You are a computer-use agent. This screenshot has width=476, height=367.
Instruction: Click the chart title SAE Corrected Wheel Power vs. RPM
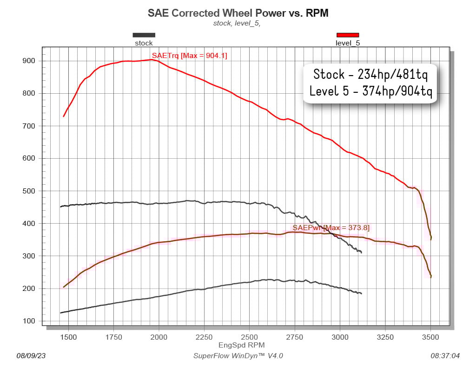click(x=238, y=13)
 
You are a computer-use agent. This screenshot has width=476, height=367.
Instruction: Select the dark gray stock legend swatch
click(x=144, y=35)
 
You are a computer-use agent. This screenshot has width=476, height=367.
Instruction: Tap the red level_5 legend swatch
click(x=348, y=35)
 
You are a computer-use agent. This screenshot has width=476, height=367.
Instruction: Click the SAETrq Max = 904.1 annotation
click(x=189, y=56)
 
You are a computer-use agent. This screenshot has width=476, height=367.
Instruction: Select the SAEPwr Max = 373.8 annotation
click(x=331, y=227)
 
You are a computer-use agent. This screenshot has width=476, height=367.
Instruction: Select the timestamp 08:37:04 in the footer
click(x=445, y=356)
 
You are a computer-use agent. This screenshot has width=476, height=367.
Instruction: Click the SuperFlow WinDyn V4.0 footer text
click(x=238, y=356)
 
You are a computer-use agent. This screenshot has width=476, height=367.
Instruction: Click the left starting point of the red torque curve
click(x=64, y=116)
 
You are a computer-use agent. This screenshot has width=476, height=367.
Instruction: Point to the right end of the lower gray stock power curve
click(x=361, y=294)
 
